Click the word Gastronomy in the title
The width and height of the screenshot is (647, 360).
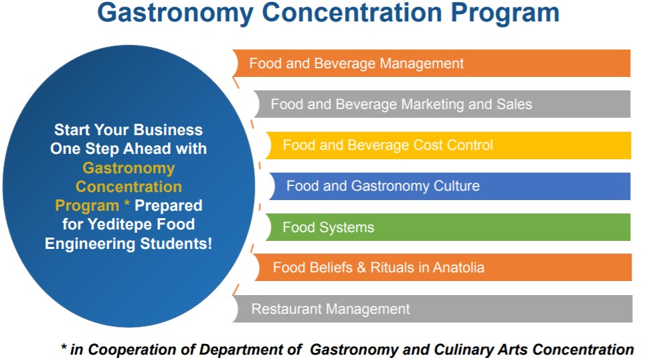tap(175, 13)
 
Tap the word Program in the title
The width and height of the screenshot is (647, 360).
tap(504, 13)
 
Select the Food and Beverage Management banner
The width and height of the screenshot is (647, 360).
tap(431, 63)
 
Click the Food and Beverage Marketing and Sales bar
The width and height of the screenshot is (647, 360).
tap(442, 104)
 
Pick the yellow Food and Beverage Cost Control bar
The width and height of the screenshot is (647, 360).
tap(448, 145)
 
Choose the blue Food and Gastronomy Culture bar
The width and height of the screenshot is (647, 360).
tap(450, 186)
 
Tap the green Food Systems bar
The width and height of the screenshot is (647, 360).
tap(448, 227)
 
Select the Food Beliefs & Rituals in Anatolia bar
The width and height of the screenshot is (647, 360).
tap(442, 268)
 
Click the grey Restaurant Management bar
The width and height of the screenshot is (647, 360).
tap(432, 308)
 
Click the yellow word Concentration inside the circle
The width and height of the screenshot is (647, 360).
tap(128, 187)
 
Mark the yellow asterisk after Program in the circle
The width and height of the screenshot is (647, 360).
tap(127, 203)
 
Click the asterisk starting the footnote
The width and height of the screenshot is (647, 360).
tap(64, 347)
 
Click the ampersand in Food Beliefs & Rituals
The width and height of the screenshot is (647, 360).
tap(361, 268)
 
